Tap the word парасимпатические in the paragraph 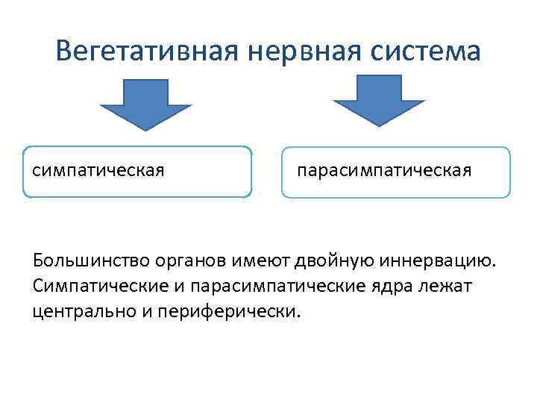click(266, 286)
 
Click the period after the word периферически click(300, 315)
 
